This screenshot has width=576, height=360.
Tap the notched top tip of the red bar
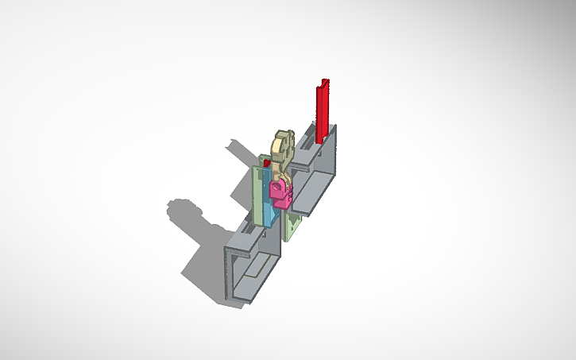click(323, 83)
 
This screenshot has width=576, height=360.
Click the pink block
click(280, 189)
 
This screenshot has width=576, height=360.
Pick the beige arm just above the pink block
click(280, 169)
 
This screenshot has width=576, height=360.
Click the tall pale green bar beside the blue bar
click(258, 195)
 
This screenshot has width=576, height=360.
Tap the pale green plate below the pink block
click(292, 226)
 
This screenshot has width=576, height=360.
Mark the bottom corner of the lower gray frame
click(239, 302)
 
